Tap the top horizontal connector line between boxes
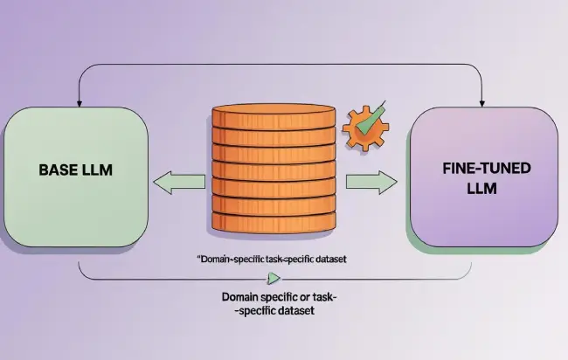pos(280,64)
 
